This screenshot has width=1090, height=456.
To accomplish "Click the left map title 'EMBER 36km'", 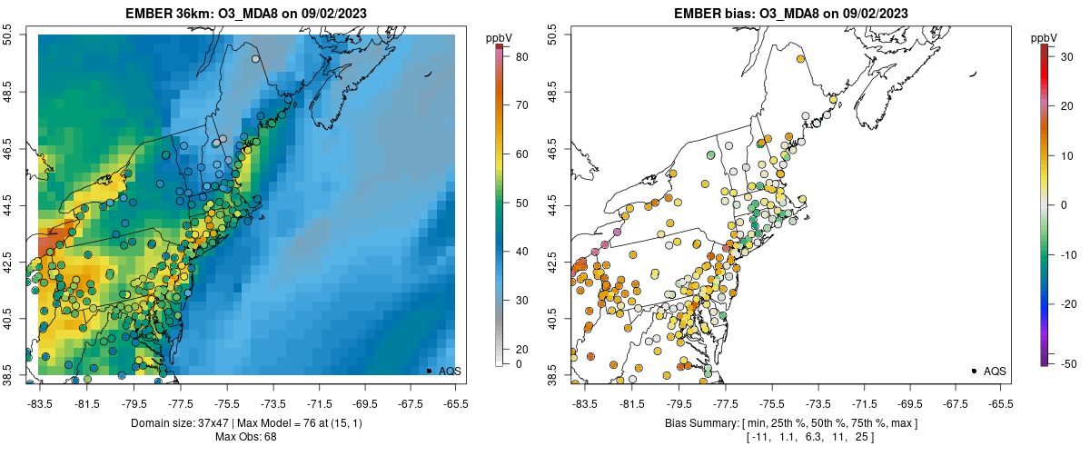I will pos(167,14).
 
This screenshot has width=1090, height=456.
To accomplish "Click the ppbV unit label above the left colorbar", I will pos(500,37).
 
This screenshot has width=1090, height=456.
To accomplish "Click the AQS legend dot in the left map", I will pos(429,371).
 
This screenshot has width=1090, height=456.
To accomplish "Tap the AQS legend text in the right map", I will pos(995,371).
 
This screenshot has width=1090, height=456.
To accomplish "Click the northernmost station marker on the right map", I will pos(801,59).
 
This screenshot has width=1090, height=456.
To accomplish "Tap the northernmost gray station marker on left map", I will pos(256,59).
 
